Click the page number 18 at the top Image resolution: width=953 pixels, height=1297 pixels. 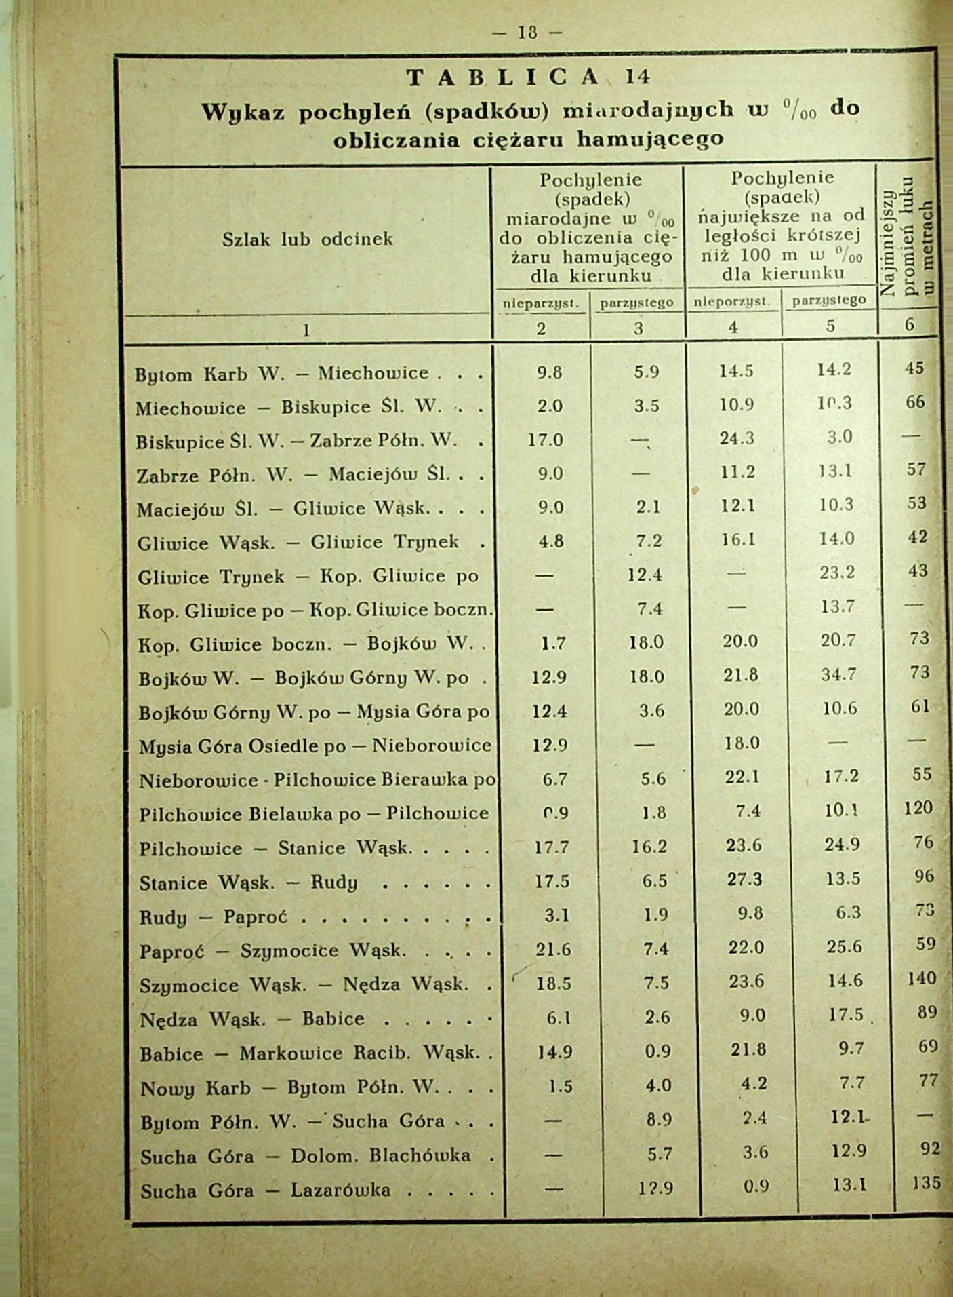click(527, 32)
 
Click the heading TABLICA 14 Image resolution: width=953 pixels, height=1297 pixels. click(528, 77)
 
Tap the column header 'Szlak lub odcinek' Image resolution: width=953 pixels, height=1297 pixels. click(307, 239)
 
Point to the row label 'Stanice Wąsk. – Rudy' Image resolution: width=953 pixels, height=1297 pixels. click(248, 883)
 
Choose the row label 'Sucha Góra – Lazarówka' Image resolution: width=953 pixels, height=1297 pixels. click(265, 1190)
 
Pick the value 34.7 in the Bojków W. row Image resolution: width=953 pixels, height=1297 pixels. click(838, 675)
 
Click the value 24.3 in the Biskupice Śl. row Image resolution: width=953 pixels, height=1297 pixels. click(737, 438)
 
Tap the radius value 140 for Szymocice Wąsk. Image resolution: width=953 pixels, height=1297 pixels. click(921, 978)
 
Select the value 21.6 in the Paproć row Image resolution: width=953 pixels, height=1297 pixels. click(553, 949)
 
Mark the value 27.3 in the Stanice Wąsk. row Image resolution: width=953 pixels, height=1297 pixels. click(745, 879)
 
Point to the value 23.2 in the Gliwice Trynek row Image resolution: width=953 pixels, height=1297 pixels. click(837, 573)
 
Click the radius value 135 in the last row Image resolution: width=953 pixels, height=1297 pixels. click(926, 1183)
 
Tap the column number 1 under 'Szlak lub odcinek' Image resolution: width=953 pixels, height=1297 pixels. click(306, 330)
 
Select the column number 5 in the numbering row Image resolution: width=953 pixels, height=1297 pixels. click(830, 326)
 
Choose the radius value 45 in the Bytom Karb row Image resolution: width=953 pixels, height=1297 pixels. click(914, 368)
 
